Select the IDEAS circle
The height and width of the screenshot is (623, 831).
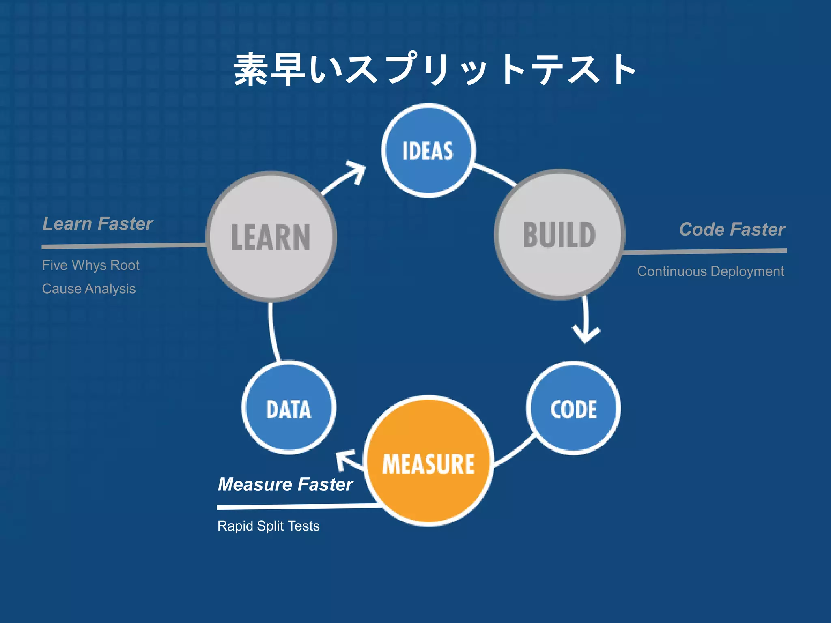(428, 150)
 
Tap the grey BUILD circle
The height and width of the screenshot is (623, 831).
(560, 235)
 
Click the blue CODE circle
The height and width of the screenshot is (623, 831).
(573, 408)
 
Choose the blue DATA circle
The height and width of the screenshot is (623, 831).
(288, 408)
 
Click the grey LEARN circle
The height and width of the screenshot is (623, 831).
(271, 237)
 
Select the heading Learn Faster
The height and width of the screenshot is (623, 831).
(97, 224)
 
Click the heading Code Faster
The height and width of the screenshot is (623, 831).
(732, 230)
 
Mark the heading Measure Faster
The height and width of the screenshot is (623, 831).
(285, 484)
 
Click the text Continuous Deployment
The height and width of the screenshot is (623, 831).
(710, 271)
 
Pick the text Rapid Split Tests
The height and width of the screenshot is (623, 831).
(268, 526)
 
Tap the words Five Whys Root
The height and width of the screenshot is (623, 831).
(90, 265)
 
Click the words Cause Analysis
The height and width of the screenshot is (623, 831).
(88, 289)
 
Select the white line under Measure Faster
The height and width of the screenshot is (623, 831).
(296, 507)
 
